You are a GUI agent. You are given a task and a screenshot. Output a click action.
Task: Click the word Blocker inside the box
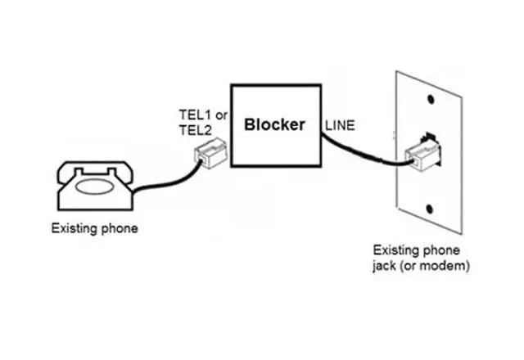(275, 125)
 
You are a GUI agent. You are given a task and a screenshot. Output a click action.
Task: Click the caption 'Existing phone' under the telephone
(96, 228)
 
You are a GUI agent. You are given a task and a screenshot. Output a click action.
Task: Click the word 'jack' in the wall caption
(386, 267)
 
